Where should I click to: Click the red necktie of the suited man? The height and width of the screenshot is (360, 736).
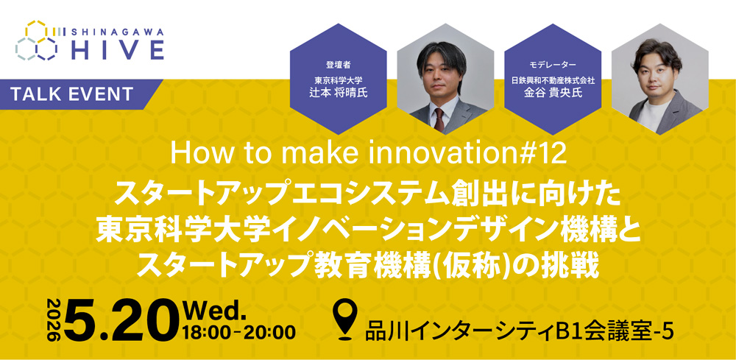439,118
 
